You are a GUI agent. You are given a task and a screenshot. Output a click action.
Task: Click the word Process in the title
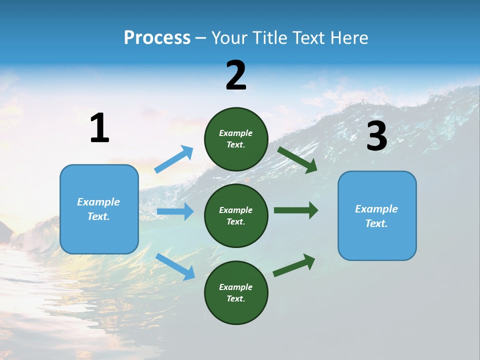(x=157, y=37)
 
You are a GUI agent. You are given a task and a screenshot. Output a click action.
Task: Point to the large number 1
(x=99, y=128)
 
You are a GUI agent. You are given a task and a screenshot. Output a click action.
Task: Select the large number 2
(x=236, y=75)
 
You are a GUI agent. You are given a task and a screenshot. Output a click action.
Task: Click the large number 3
(x=377, y=136)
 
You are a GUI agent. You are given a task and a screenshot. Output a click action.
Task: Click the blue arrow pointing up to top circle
(x=174, y=159)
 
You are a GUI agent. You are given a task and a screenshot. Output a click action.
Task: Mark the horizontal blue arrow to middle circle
(x=175, y=211)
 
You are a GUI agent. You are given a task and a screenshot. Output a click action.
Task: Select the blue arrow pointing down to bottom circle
(x=175, y=266)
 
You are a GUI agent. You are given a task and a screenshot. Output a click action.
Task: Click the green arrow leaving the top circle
(x=297, y=159)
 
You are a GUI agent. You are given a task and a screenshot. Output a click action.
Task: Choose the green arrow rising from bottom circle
(x=294, y=265)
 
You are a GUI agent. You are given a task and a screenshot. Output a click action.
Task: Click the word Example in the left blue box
(x=98, y=202)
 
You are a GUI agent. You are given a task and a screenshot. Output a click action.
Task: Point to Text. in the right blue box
(x=376, y=223)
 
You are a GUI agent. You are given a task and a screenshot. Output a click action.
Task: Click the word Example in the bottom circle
(x=236, y=287)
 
